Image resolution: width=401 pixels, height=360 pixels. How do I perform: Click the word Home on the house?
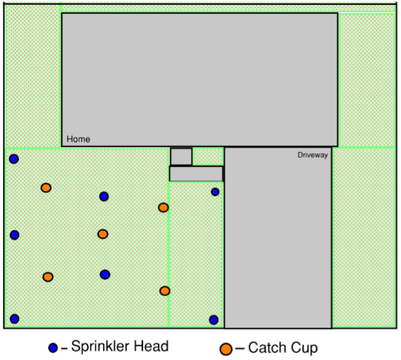tap(79, 139)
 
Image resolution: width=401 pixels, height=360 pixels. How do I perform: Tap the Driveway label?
tap(312, 155)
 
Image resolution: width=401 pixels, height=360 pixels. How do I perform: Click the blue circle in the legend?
tap(53, 348)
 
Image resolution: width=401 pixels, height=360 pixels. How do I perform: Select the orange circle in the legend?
tap(226, 349)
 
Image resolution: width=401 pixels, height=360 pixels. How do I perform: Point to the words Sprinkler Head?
tap(120, 346)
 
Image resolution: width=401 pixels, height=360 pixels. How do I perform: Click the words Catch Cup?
tap(283, 348)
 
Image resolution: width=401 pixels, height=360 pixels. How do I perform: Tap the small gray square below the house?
tap(182, 157)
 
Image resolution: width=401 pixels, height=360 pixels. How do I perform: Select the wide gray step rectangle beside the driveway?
tap(196, 174)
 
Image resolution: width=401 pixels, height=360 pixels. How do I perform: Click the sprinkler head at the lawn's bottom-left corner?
tap(15, 319)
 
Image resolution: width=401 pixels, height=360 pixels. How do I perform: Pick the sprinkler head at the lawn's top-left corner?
tap(14, 159)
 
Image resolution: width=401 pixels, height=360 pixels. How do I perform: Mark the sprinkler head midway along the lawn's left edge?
tap(15, 235)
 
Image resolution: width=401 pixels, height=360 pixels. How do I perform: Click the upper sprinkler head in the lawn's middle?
tap(104, 197)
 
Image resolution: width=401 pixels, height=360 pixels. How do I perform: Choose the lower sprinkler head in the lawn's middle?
tap(105, 275)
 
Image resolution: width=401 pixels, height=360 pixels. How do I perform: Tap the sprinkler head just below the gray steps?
tap(215, 192)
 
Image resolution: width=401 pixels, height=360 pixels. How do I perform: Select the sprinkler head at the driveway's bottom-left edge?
tap(213, 319)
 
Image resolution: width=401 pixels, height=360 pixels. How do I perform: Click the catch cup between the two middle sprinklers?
tap(103, 234)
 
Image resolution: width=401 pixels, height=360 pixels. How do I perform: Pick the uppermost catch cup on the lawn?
tap(46, 188)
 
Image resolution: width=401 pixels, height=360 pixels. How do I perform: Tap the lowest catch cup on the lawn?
tap(165, 291)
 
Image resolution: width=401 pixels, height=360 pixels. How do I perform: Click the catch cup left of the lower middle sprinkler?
tap(48, 277)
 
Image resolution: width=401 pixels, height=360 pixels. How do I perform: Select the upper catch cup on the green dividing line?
tap(163, 207)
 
